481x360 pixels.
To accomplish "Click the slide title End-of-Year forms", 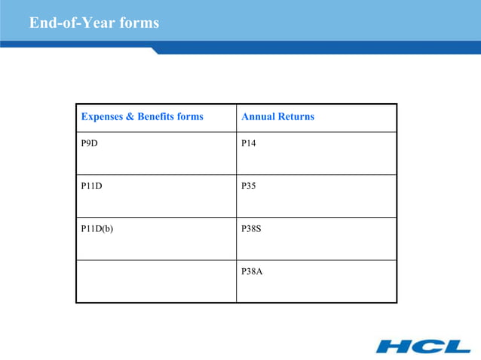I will click(x=94, y=23).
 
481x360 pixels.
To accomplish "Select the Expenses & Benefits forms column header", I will click(x=142, y=117).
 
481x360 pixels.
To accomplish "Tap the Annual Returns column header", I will click(x=277, y=117).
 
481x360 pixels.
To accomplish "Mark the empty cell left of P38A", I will click(x=156, y=281).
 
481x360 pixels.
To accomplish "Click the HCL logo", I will click(x=423, y=346).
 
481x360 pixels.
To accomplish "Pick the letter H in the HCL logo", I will click(x=394, y=346).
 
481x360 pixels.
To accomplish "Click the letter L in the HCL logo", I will click(x=455, y=346).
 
